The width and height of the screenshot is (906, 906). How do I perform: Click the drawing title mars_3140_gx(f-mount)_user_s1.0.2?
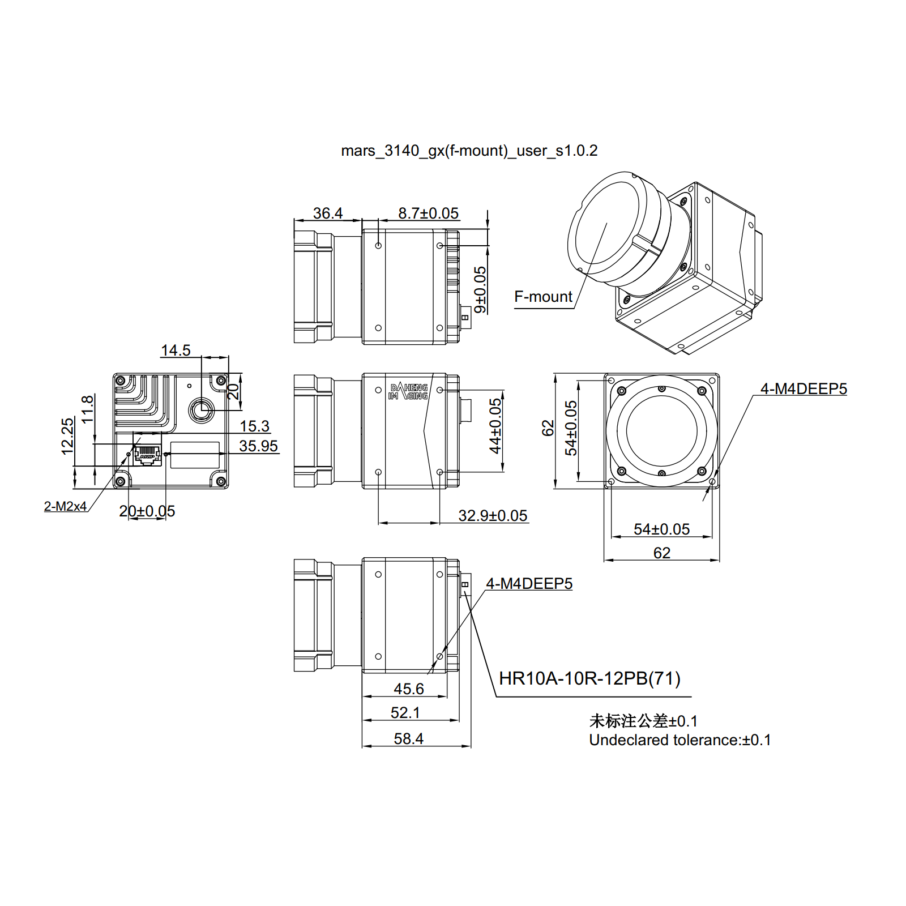(469, 151)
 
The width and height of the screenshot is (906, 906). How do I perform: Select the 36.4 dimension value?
(328, 213)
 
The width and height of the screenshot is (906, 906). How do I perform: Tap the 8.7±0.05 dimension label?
(428, 213)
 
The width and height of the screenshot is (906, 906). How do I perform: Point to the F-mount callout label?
(543, 297)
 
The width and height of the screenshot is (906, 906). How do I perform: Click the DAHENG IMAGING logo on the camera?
(409, 391)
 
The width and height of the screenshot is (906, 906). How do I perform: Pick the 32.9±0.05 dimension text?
(493, 516)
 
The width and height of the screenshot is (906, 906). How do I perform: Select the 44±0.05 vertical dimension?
(495, 426)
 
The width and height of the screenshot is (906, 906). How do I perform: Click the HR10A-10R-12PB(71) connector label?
(589, 678)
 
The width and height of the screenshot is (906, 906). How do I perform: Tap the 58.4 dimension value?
(408, 739)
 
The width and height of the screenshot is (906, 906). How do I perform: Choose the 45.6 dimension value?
(408, 689)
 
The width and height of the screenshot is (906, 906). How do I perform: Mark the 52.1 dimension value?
(405, 713)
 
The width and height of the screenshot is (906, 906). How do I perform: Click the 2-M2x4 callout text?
(65, 506)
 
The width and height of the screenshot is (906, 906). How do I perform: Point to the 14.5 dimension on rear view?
(176, 351)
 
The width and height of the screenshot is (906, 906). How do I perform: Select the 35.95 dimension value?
(258, 446)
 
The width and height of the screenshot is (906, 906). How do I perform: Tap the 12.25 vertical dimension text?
(67, 436)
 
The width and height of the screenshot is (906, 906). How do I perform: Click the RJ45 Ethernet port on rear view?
(147, 455)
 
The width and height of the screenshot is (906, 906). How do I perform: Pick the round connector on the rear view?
(201, 409)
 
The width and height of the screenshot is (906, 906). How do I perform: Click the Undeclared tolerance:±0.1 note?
(679, 740)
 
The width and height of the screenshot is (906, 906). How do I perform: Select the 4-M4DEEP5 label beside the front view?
(803, 389)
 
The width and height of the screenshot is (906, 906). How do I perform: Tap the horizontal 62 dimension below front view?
(661, 553)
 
